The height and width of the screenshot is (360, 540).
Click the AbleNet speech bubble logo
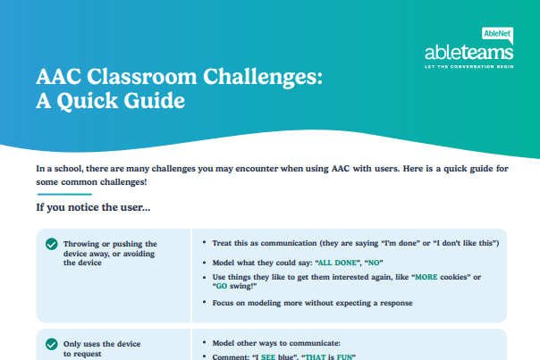pos(497,35)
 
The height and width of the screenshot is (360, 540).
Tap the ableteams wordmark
pos(469,53)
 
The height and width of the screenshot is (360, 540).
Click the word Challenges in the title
pos(263,77)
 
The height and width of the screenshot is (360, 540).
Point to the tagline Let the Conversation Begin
pos(469,66)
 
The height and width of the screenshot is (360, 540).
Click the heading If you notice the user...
pos(93,207)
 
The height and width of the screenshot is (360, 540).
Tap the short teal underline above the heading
pos(64,194)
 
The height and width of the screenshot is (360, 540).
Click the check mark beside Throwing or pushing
pos(52,244)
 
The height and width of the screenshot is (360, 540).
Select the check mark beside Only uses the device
pos(52,344)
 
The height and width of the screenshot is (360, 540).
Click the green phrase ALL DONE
pos(337,263)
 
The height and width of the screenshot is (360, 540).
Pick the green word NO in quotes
pos(374,263)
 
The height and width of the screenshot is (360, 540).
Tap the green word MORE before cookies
pos(426,277)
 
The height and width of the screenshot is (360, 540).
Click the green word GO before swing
pos(222,286)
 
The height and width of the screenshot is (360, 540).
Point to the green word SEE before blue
pos(268,357)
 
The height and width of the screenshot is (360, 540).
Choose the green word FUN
pos(344,357)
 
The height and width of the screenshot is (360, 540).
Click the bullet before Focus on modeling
pos(204,302)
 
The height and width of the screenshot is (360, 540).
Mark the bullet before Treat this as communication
pos(204,242)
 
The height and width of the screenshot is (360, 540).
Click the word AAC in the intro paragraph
pos(341,169)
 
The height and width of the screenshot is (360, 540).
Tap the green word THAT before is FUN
pos(315,357)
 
